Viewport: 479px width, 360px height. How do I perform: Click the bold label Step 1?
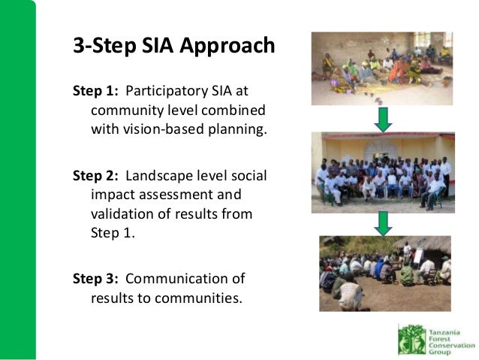pos(95,91)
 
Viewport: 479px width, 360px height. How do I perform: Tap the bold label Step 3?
pos(95,279)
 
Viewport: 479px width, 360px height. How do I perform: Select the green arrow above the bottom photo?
pos(383,222)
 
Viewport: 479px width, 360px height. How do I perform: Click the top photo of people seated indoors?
pos(382,68)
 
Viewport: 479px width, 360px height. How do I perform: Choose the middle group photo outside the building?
pos(382,172)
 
